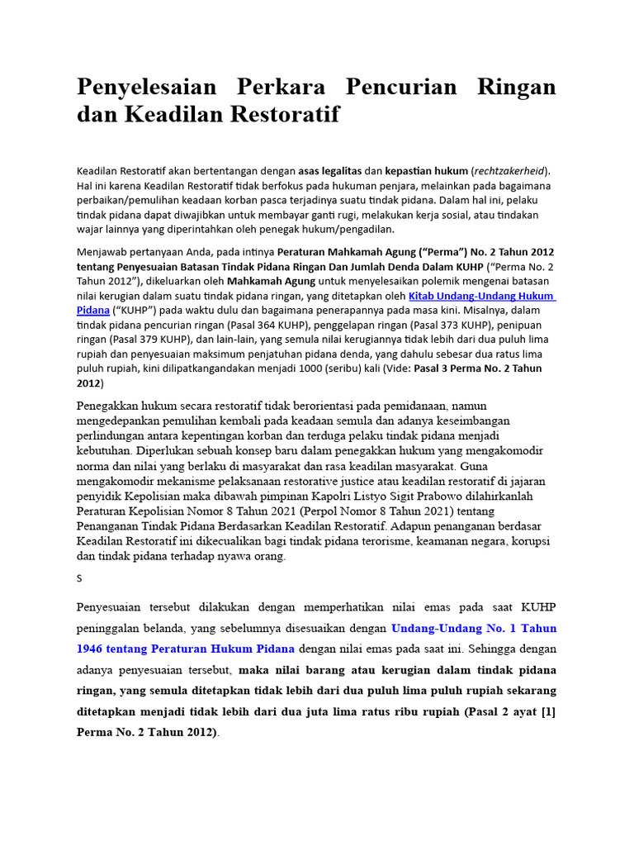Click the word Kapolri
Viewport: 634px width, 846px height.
304,496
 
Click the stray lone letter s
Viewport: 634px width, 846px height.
79,578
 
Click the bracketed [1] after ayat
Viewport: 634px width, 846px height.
547,711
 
